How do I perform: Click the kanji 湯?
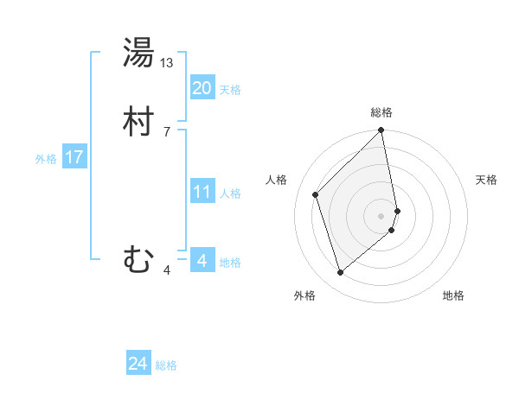coord(138,53)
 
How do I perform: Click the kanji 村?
coord(138,122)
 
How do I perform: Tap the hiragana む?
coord(138,259)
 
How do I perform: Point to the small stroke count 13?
coord(167,63)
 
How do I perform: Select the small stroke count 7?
coord(166,131)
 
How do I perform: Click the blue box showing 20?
coord(202,88)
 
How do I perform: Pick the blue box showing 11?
coord(202,192)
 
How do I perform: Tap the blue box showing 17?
coord(74,157)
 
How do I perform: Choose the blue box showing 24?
coord(138,364)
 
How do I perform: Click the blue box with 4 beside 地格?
coord(202,260)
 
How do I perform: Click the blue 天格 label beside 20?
coord(230,90)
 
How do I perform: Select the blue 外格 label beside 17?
coord(46,159)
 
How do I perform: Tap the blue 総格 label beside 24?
coord(166,365)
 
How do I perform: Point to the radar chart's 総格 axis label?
coord(381,112)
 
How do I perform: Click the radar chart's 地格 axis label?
coord(453,295)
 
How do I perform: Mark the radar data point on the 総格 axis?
coord(381,131)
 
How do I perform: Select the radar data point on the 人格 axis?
coord(316,194)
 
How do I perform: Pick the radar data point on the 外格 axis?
coord(340,273)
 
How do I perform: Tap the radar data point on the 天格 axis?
coord(398,211)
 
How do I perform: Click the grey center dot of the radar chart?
coord(381,215)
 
